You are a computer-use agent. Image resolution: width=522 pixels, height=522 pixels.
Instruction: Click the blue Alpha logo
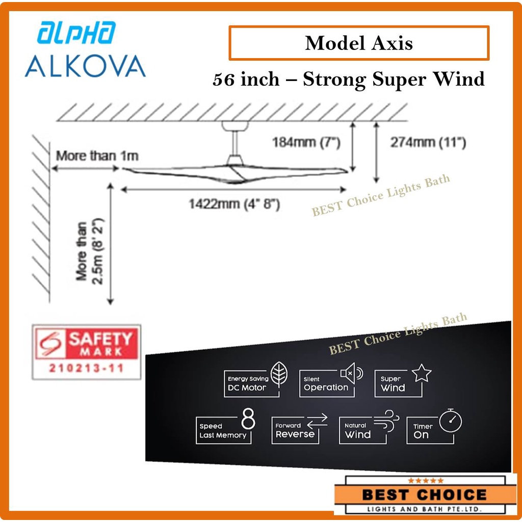76,33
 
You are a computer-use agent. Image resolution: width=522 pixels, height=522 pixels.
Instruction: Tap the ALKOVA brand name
85,66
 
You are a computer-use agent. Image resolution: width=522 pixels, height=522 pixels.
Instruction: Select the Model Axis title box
359,43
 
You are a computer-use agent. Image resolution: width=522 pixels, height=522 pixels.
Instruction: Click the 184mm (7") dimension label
306,143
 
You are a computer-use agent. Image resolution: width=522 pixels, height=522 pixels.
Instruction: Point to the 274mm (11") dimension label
428,143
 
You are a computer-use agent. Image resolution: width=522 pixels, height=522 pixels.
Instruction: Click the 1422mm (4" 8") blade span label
234,204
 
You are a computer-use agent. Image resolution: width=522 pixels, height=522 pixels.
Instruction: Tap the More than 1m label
97,156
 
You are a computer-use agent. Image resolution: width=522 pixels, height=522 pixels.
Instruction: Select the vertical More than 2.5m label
90,251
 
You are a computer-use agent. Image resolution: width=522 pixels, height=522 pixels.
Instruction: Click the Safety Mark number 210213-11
86,368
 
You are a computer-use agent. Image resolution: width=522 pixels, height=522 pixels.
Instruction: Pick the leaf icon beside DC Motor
279,374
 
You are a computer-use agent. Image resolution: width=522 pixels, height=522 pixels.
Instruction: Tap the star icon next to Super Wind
422,373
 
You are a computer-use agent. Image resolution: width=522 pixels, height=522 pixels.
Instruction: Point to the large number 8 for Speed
248,419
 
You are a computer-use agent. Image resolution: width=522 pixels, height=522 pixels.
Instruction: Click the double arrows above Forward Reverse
317,421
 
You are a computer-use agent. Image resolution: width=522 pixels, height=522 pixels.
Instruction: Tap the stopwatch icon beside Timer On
451,420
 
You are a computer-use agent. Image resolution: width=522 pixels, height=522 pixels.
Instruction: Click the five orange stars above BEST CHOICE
426,481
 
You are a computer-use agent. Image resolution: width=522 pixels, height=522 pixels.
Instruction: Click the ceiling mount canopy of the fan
235,126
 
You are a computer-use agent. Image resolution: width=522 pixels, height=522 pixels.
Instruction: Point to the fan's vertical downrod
235,143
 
